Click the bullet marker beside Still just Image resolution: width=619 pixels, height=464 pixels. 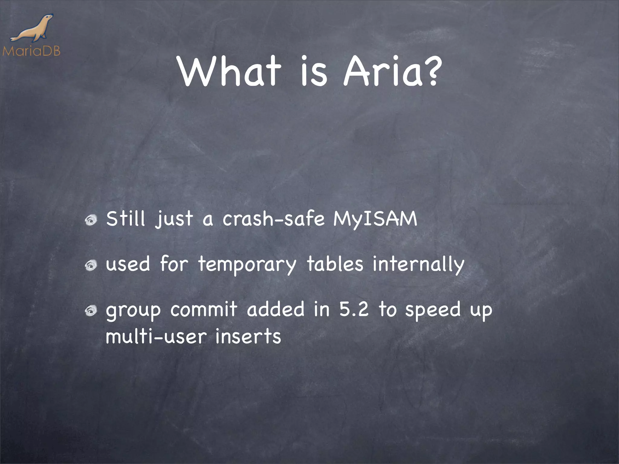[x=90, y=221]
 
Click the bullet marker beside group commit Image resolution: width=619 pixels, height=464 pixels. [x=90, y=311]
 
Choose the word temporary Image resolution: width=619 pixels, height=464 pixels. [x=247, y=265]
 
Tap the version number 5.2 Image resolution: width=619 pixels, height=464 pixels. [x=354, y=309]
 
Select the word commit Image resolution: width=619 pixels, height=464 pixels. [x=204, y=309]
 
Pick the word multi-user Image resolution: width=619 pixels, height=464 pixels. [x=156, y=336]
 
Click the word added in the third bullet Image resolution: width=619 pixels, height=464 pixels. [x=275, y=309]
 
